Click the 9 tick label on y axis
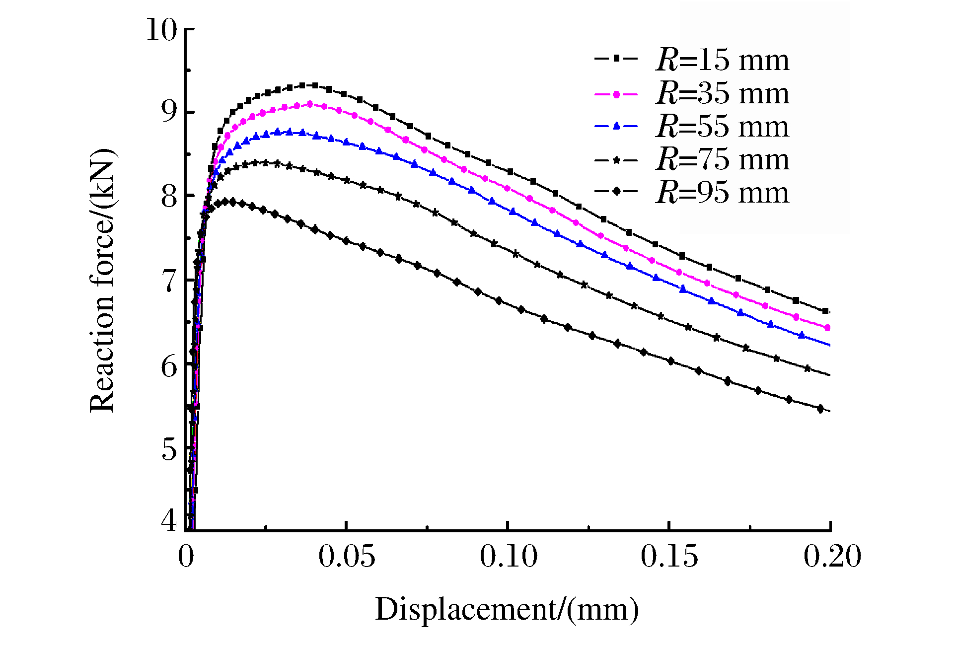point(169,113)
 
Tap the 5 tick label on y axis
point(169,449)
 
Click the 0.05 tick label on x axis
point(347,556)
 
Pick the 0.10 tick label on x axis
point(508,556)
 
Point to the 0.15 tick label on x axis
point(669,556)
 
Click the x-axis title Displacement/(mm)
point(507,610)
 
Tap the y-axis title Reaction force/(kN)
point(103,281)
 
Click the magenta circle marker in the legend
point(616,94)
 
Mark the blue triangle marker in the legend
point(616,127)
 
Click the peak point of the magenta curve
point(310,104)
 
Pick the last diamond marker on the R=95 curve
point(820,409)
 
